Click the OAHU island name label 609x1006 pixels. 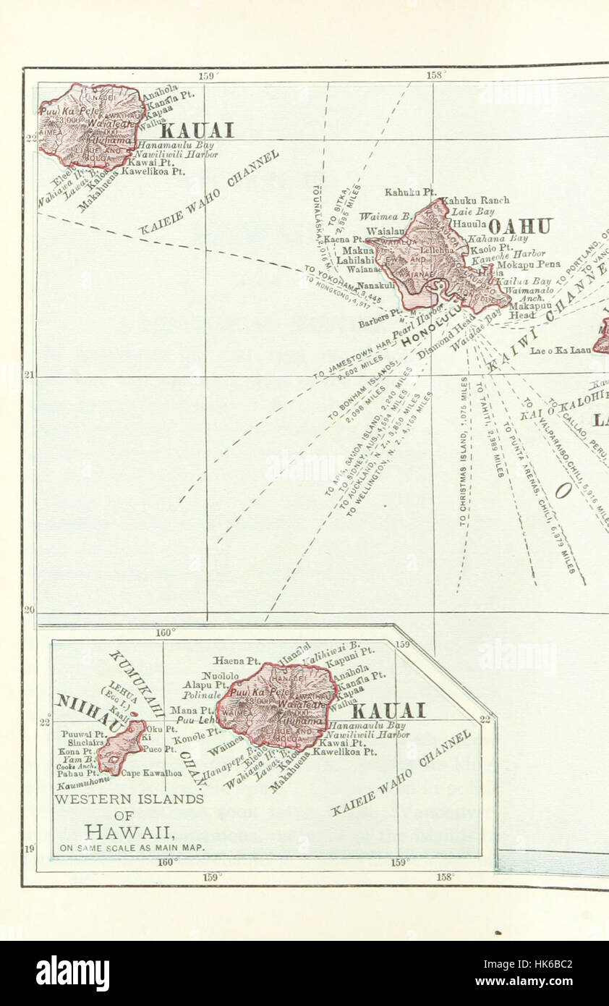[520, 227]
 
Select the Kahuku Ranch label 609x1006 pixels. [475, 200]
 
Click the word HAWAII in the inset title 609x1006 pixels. [128, 832]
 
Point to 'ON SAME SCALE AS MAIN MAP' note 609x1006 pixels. [132, 848]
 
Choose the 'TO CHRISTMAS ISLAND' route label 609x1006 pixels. [463, 449]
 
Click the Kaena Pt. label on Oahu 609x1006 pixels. [344, 239]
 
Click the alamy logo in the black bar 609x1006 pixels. [72, 973]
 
